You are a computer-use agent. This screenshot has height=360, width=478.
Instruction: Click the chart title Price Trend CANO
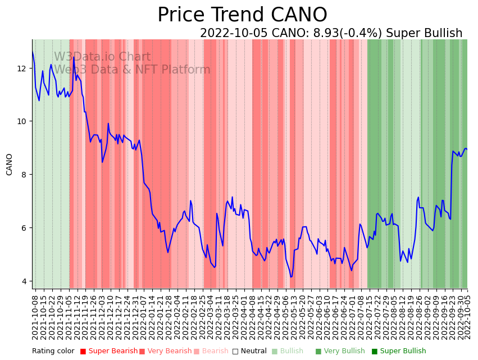click(x=242, y=15)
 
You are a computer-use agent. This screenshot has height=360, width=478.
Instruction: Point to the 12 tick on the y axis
click(x=22, y=69)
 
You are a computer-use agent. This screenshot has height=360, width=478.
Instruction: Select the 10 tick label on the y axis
click(x=22, y=121)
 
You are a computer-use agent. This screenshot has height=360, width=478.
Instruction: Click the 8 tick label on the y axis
click(x=24, y=175)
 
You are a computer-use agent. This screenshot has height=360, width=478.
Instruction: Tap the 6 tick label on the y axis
click(x=24, y=228)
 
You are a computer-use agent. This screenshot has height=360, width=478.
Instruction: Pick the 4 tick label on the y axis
click(x=24, y=281)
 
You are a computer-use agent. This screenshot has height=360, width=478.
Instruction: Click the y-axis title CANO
click(x=9, y=164)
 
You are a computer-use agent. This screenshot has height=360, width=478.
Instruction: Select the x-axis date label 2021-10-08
click(x=35, y=318)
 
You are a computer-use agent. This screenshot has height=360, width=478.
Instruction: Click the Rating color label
click(x=53, y=351)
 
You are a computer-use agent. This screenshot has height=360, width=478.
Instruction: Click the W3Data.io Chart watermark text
click(x=102, y=57)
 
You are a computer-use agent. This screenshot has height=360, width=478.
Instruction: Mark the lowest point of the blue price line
click(x=291, y=276)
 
